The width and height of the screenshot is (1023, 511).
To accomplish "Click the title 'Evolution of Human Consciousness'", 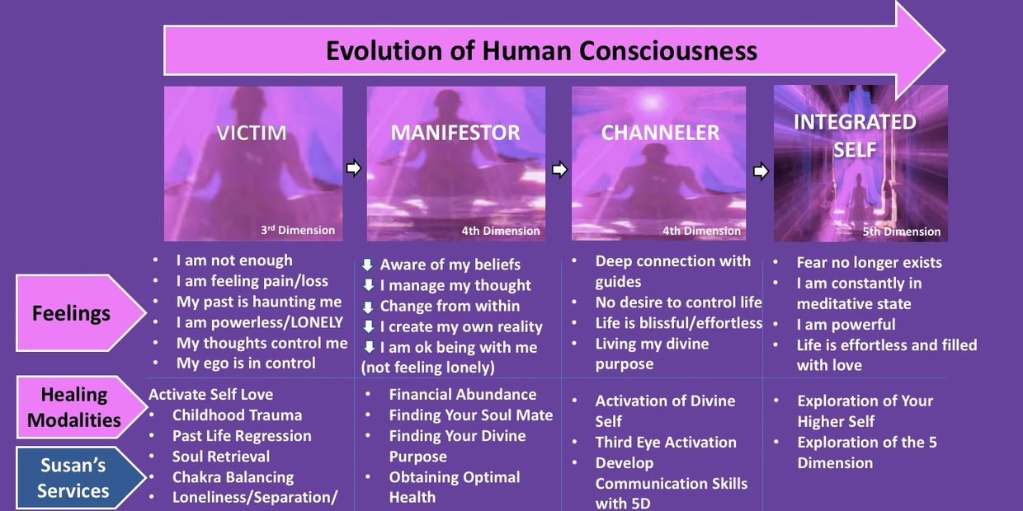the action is pyautogui.click(x=542, y=50).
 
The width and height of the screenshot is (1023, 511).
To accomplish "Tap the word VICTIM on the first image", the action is pyautogui.click(x=252, y=133).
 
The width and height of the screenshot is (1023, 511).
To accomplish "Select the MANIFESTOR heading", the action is pyautogui.click(x=455, y=133).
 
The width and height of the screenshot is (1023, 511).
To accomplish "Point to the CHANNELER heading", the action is pyautogui.click(x=660, y=133).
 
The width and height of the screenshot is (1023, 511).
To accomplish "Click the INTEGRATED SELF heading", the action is pyautogui.click(x=855, y=135).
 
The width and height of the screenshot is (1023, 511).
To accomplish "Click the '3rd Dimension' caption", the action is pyautogui.click(x=298, y=230).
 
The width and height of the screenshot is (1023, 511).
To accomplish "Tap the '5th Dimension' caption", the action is pyautogui.click(x=902, y=232).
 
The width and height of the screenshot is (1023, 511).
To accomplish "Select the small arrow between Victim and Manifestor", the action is pyautogui.click(x=354, y=168).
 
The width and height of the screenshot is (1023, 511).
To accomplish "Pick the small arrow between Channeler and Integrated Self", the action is pyautogui.click(x=761, y=171).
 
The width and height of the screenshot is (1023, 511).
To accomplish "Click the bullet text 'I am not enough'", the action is pyautogui.click(x=234, y=260).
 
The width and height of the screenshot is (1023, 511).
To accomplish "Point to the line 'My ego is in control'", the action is pyautogui.click(x=246, y=363).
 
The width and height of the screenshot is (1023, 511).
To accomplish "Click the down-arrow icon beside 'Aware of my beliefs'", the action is pyautogui.click(x=368, y=265).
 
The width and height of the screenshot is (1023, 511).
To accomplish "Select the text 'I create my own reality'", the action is pyautogui.click(x=461, y=326).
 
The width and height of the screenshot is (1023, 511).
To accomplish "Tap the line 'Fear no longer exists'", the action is pyautogui.click(x=869, y=262).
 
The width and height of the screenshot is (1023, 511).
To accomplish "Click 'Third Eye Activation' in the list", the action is pyautogui.click(x=666, y=442).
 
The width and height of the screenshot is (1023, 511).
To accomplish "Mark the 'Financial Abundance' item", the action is pyautogui.click(x=463, y=394).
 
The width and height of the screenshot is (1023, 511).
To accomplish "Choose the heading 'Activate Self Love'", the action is pyautogui.click(x=211, y=394).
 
